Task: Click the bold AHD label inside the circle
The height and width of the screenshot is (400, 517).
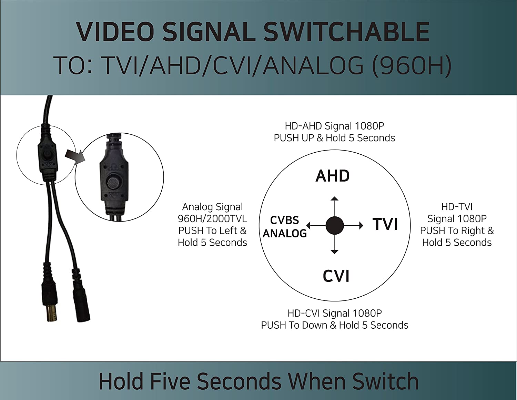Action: tap(332, 176)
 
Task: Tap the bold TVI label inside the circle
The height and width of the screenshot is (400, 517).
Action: tap(385, 224)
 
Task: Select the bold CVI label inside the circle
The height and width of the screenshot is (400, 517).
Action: tap(336, 276)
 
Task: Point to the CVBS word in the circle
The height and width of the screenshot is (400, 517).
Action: tap(285, 220)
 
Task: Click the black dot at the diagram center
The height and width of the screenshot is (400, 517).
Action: tap(335, 225)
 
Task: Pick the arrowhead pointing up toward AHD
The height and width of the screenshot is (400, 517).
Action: tap(335, 198)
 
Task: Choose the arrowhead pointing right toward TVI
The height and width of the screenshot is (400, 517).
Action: tap(361, 225)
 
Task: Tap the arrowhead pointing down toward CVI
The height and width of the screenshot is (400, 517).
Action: tap(335, 252)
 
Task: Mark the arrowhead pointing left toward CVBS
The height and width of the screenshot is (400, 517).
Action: tap(308, 225)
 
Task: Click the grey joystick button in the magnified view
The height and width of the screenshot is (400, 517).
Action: tap(114, 183)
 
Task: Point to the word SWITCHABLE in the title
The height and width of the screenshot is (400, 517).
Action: tap(346, 32)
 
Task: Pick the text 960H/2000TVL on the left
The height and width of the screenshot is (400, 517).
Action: tap(212, 219)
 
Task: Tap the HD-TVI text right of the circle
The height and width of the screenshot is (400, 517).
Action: tap(457, 207)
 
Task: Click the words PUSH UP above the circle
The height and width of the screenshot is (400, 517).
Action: tap(294, 138)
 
